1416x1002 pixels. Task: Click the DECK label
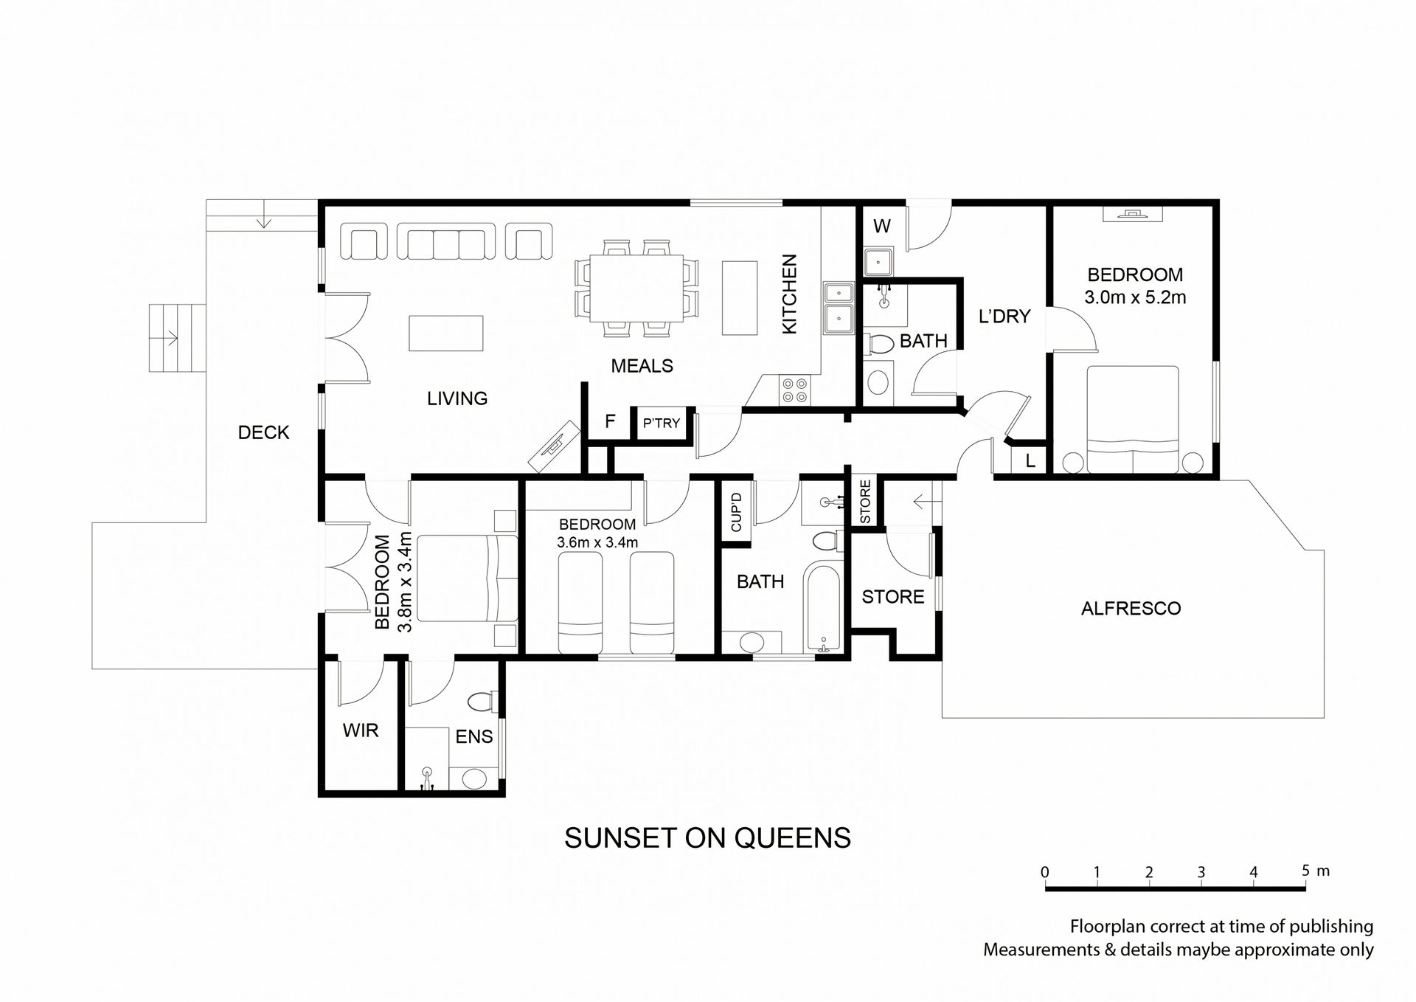263,432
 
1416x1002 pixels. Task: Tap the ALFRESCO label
1131,609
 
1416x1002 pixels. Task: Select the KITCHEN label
789,294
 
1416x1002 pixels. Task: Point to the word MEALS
642,365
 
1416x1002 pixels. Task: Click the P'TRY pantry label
661,424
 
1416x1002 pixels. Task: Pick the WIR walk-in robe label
361,730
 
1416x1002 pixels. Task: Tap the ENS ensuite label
473,736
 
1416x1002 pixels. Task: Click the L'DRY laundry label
1004,317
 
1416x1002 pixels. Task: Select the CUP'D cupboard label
736,511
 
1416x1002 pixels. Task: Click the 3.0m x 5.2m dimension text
1135,297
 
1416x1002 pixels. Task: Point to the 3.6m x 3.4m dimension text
597,542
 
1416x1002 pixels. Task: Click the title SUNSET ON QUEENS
707,838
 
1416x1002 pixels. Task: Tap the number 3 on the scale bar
1201,872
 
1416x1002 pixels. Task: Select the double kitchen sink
837,307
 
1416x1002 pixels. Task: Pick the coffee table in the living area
446,333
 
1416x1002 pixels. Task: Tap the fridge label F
610,421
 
